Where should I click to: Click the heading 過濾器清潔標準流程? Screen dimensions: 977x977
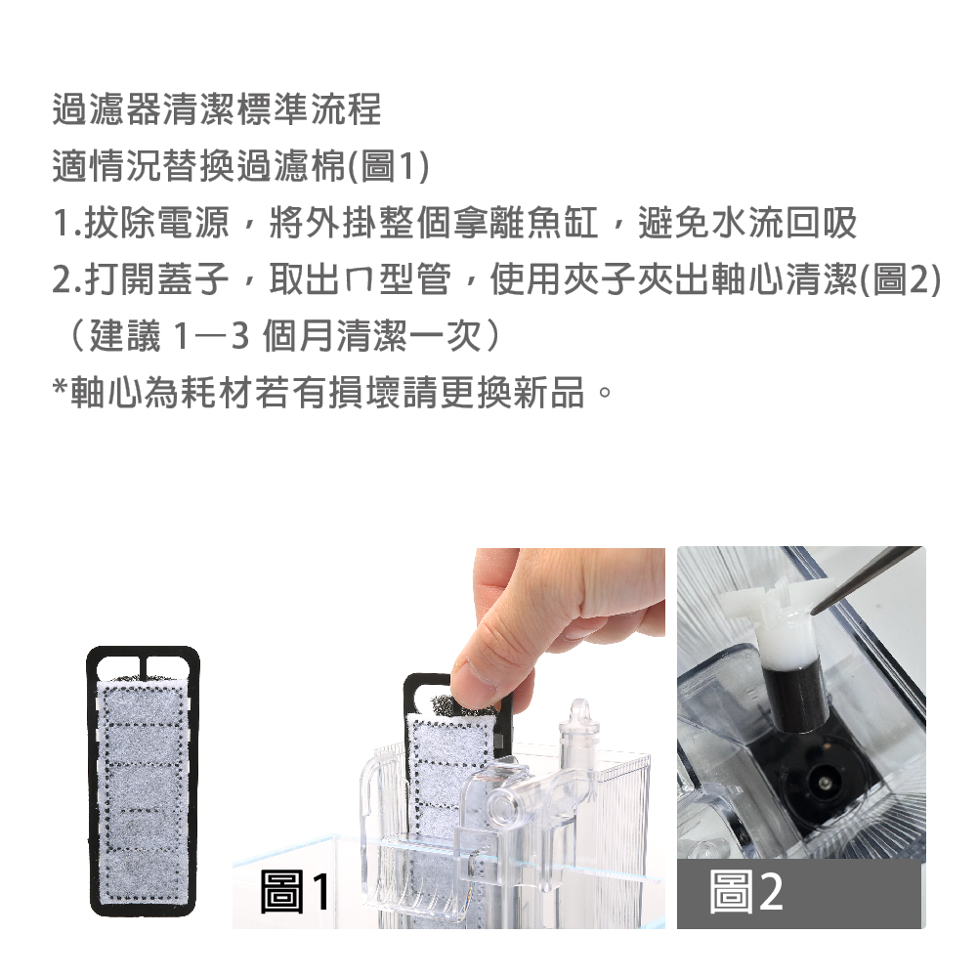pyautogui.click(x=216, y=109)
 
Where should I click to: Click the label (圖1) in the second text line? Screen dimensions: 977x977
pyautogui.click(x=388, y=166)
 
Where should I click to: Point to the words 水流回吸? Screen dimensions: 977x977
pyautogui.click(x=784, y=223)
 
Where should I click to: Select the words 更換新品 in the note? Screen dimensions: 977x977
pyautogui.click(x=513, y=394)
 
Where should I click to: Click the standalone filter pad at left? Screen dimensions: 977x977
pyautogui.click(x=144, y=782)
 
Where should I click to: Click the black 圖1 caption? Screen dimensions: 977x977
pyautogui.click(x=295, y=892)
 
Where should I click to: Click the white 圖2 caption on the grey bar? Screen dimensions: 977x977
pyautogui.click(x=745, y=892)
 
